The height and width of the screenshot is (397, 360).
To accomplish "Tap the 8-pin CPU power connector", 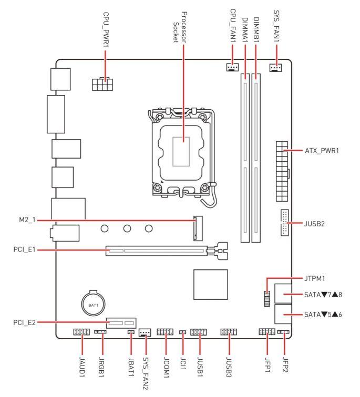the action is pyautogui.click(x=102, y=84).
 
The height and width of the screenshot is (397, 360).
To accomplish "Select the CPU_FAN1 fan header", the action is pyautogui.click(x=232, y=67).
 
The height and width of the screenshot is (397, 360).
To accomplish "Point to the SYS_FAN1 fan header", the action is pyautogui.click(x=275, y=68).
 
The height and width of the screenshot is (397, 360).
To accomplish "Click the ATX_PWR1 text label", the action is pyautogui.click(x=322, y=151).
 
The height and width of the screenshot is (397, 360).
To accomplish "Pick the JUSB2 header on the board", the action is pyautogui.click(x=284, y=223).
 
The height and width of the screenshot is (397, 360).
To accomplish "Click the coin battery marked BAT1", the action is pyautogui.click(x=93, y=304).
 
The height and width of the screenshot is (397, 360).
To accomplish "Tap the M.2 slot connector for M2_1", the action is pyautogui.click(x=198, y=228).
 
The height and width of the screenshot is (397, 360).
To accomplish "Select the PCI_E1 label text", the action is pyautogui.click(x=24, y=249).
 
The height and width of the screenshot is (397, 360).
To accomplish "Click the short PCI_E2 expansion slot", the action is pyautogui.click(x=121, y=323).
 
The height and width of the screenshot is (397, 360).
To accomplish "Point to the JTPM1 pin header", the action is pyautogui.click(x=267, y=299).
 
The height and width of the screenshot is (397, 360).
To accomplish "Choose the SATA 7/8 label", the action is pyautogui.click(x=323, y=295).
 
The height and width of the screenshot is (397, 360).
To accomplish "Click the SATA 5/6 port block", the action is pyautogui.click(x=283, y=314).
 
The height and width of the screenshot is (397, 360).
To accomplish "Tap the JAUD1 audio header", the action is pyautogui.click(x=81, y=332).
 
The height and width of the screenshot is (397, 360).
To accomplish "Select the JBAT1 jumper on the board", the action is pyautogui.click(x=131, y=332).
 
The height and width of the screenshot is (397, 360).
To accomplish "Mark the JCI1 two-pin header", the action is pyautogui.click(x=183, y=332).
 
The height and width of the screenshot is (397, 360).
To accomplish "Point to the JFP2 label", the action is pyautogui.click(x=285, y=364).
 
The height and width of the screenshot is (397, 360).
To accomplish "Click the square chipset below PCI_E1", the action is pyautogui.click(x=211, y=284).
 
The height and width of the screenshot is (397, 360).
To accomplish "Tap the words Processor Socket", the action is pyautogui.click(x=180, y=27).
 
